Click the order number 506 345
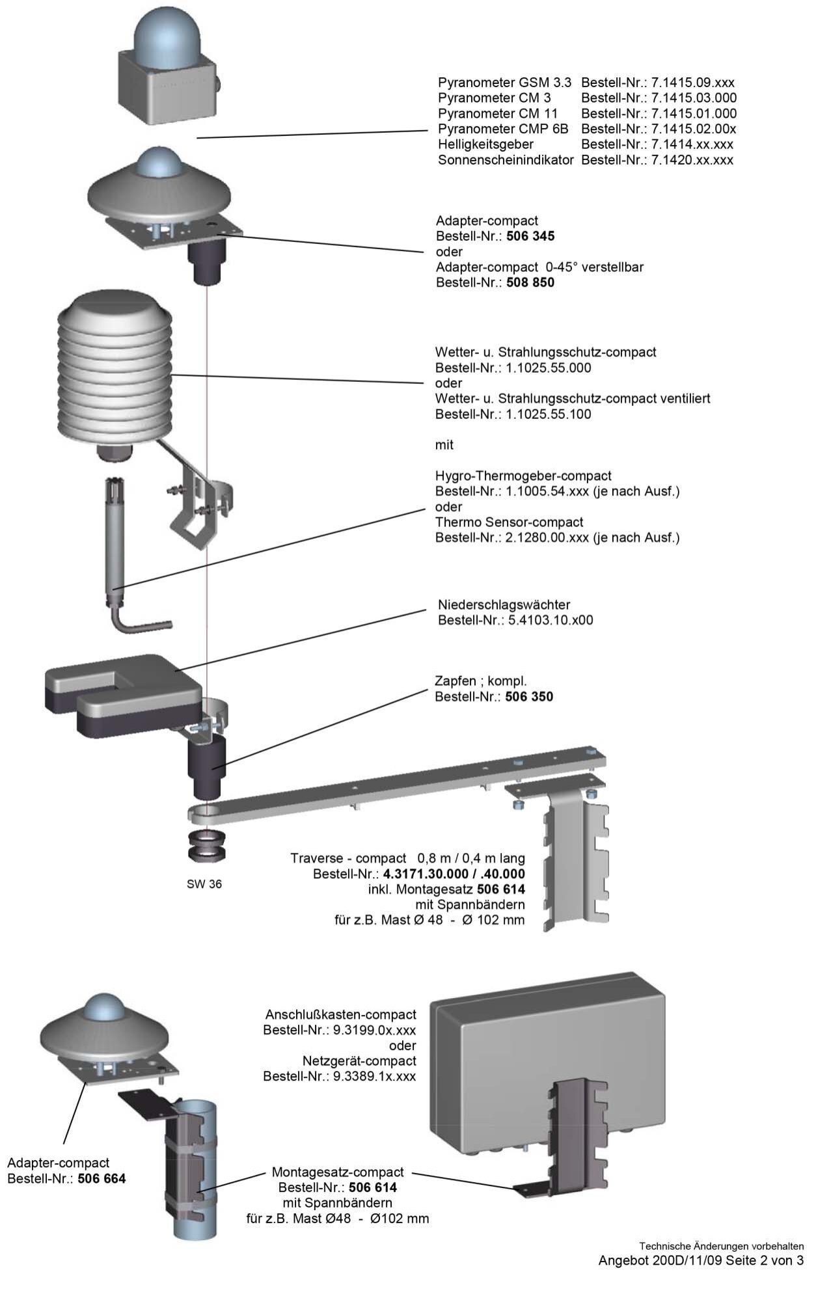click(530, 236)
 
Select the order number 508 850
click(530, 283)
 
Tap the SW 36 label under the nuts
click(204, 884)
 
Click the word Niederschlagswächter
click(504, 605)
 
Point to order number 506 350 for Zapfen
click(529, 697)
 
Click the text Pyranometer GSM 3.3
click(504, 83)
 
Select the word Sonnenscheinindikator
click(506, 160)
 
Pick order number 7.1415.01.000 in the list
click(694, 114)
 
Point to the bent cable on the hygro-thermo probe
click(140, 625)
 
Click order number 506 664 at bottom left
click(102, 1178)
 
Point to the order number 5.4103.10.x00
click(549, 620)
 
